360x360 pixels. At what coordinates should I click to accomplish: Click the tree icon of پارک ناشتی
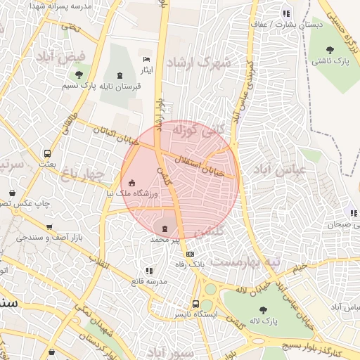click(330, 49)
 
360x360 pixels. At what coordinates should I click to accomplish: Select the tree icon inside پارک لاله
click(263, 310)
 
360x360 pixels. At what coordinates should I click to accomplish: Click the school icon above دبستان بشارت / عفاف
click(285, 13)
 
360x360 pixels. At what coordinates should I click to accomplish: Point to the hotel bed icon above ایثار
click(146, 60)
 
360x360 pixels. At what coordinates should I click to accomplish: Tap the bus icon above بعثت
click(47, 153)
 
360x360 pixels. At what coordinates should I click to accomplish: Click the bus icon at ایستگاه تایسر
click(197, 304)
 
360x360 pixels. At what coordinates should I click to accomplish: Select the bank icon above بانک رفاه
click(188, 254)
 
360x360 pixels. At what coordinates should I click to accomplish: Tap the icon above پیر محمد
click(165, 229)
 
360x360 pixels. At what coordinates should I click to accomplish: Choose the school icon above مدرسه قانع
click(148, 271)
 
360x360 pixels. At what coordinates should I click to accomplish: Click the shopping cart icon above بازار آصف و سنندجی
click(49, 227)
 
